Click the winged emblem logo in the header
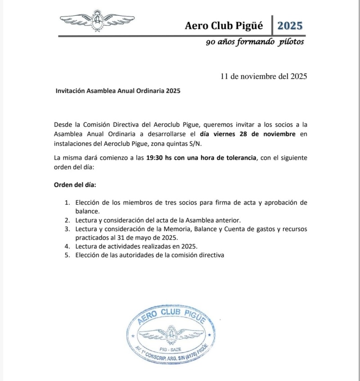(97, 21)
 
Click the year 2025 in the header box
(290, 25)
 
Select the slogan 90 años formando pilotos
(255, 42)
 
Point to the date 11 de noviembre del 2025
(264, 76)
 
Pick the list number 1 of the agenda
(67, 202)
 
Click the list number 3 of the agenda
(67, 229)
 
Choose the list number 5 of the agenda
(67, 255)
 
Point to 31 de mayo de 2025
(149, 238)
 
